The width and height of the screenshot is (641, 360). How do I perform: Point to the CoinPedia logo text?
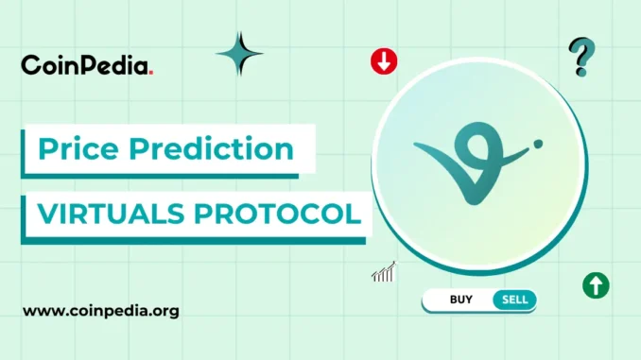[x=84, y=65]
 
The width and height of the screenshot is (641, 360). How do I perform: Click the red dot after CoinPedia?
[x=151, y=72]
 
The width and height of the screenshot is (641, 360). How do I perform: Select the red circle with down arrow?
[x=384, y=62]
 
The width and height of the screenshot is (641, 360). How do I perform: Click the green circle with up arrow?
[x=596, y=284]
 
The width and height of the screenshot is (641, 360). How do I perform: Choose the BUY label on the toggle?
[x=461, y=300]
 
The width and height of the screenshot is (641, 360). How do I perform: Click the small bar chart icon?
[x=383, y=273]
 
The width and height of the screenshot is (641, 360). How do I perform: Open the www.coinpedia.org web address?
[x=101, y=310]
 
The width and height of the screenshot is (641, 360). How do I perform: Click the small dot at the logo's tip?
[x=538, y=145]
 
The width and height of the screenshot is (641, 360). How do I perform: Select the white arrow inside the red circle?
[x=384, y=63]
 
